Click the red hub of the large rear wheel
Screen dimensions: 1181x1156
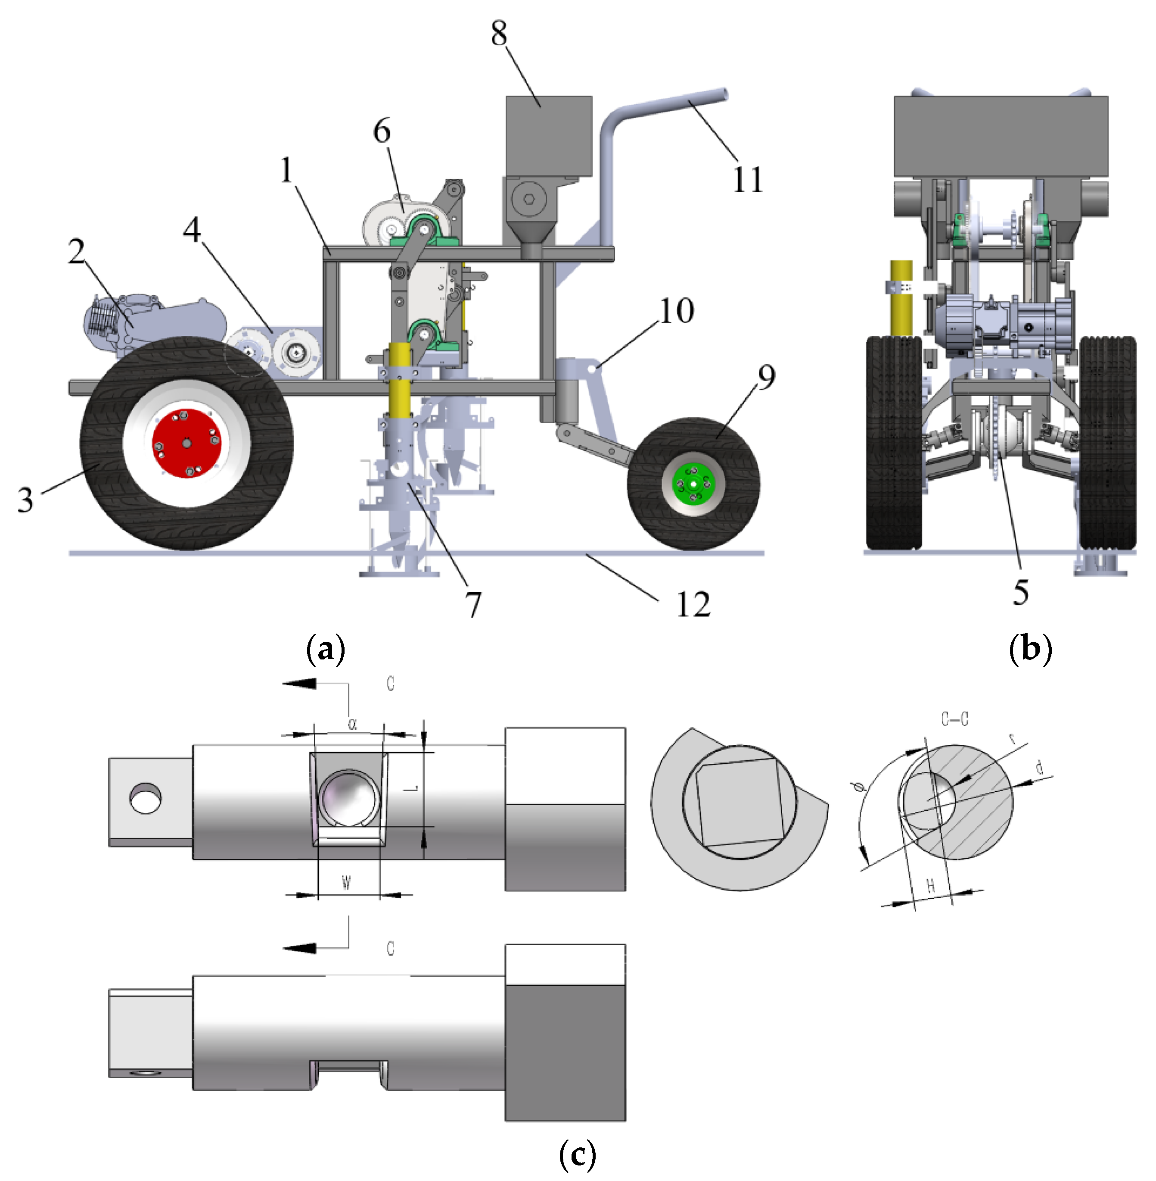186,444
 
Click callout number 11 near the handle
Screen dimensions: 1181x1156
747,180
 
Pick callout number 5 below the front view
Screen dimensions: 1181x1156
1021,592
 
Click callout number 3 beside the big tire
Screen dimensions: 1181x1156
25,500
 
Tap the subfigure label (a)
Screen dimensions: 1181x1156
326,649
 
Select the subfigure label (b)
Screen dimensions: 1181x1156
1030,649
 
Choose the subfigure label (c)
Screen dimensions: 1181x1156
577,1154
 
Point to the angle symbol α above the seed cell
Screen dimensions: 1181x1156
353,724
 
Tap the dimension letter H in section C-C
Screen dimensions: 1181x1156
931,886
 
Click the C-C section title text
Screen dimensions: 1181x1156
954,719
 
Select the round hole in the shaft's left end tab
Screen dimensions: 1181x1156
146,798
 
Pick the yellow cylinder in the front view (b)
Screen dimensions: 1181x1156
901,298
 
